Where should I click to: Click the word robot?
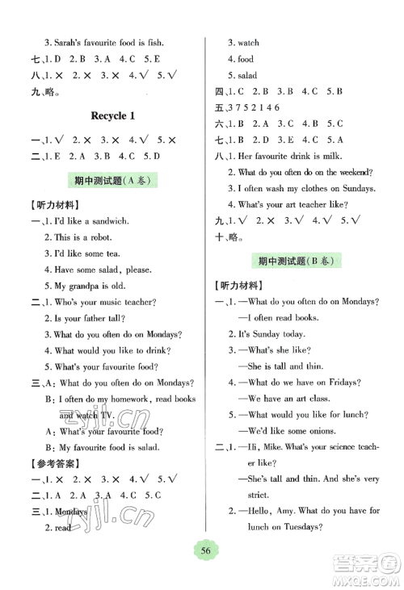(x=105, y=238)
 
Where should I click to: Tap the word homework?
(x=125, y=399)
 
